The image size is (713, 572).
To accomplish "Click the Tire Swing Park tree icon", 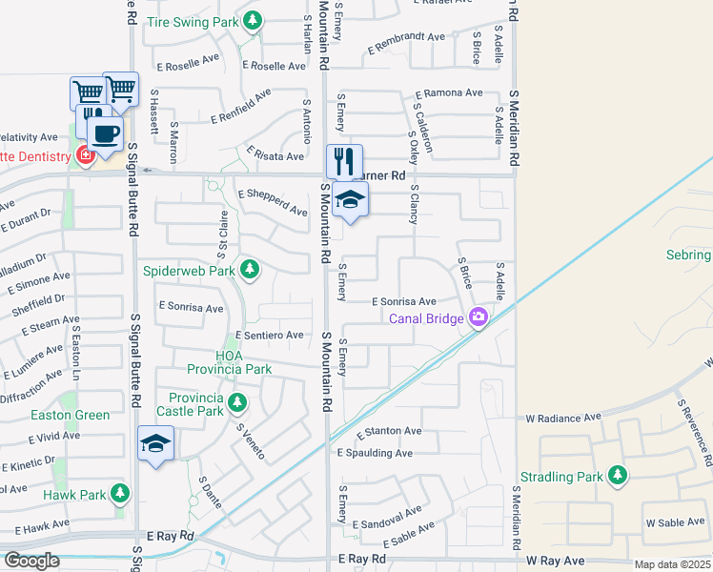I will [x=253, y=20].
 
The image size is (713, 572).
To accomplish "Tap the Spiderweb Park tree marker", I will [x=250, y=270].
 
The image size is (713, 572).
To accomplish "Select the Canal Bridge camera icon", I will [x=478, y=318].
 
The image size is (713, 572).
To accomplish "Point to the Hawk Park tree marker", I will [x=119, y=494].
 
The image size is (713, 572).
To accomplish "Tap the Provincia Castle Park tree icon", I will [x=236, y=404].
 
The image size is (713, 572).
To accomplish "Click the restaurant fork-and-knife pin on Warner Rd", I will [x=344, y=161].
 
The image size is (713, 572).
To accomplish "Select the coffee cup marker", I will [x=105, y=134].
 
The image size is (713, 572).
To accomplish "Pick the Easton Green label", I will [x=71, y=415].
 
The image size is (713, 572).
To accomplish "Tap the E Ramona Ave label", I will [x=448, y=93].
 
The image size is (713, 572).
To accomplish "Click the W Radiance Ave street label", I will [x=563, y=418].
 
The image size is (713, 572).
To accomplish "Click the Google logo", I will [x=31, y=561].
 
